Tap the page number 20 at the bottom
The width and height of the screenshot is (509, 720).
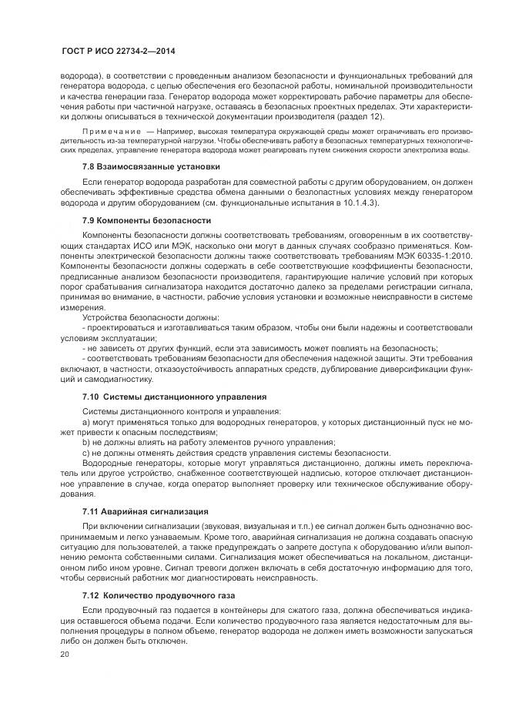(x=64, y=654)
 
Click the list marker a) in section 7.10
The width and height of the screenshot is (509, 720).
(x=86, y=422)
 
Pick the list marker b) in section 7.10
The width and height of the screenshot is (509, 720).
(x=86, y=442)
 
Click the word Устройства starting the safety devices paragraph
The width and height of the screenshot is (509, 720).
(x=105, y=318)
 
